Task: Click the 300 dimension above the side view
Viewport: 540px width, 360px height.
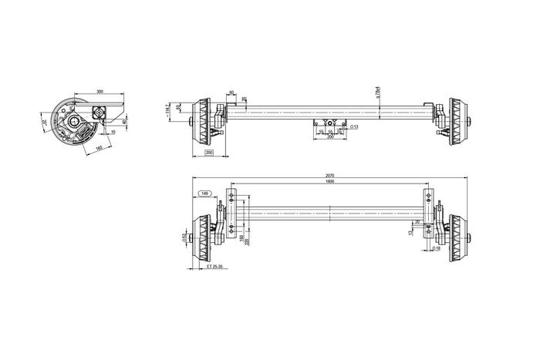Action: pos(99,92)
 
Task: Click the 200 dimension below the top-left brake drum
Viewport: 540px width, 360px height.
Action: pos(209,154)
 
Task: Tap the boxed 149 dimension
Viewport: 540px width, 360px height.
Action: pos(204,193)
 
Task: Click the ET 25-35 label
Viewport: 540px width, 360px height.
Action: pos(215,266)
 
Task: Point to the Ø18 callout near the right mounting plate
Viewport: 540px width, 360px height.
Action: pos(437,248)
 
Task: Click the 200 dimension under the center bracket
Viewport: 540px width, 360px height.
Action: pos(329,138)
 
